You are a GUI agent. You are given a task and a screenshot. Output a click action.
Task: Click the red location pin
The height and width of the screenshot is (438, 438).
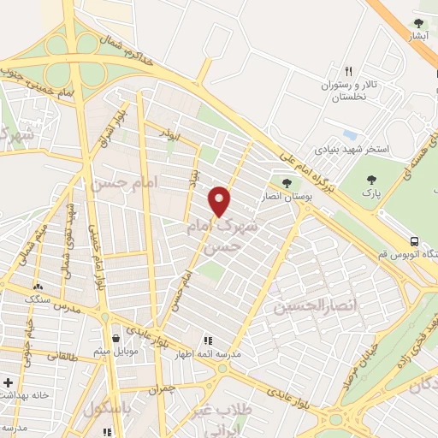click(221, 200)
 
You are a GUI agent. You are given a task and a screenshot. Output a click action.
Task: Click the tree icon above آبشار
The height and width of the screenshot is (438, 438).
click(418, 23)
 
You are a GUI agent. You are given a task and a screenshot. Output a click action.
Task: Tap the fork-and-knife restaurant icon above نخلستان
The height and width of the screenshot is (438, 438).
click(348, 72)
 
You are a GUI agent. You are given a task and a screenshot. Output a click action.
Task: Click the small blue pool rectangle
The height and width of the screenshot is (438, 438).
click(348, 134)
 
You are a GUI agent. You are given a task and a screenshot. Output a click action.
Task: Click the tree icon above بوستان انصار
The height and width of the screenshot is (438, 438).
click(286, 182)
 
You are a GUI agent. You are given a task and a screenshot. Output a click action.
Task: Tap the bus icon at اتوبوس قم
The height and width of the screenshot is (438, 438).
click(415, 241)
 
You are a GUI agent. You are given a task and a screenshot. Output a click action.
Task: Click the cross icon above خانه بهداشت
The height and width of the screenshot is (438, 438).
click(8, 382)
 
